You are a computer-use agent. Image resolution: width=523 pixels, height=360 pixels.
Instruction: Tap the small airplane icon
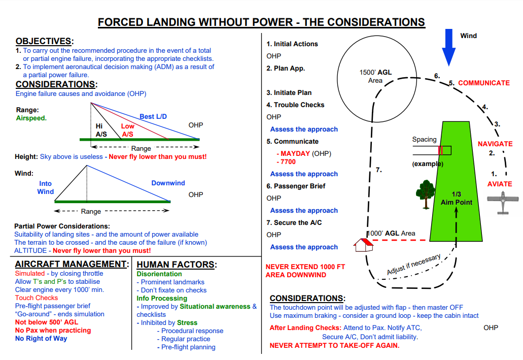tap(502, 202)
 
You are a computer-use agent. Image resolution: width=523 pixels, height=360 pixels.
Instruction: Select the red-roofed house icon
tap(363, 245)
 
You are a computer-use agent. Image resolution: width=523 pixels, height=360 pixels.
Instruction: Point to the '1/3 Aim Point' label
tap(456, 198)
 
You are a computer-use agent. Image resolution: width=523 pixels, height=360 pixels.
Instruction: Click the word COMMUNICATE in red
tap(483, 83)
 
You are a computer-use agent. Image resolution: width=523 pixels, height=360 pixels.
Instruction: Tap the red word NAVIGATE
tap(495, 144)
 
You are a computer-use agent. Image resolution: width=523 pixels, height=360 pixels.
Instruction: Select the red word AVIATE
tap(500, 184)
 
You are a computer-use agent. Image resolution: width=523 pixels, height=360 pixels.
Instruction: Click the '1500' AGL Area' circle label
tap(375, 76)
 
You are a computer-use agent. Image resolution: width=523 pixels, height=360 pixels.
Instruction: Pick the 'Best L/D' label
tap(153, 116)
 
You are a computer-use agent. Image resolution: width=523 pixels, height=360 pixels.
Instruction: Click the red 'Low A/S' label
tap(127, 130)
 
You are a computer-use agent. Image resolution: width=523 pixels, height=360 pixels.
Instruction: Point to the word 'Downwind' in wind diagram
tap(168, 183)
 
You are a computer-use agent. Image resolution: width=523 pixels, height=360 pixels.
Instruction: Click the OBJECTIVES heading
tap(44, 41)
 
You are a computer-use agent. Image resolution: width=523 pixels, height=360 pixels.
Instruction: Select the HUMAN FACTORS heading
tap(177, 264)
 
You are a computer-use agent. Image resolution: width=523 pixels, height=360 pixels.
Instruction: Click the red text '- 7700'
tap(286, 161)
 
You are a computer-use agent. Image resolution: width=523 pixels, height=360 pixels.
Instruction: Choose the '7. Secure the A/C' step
tap(294, 222)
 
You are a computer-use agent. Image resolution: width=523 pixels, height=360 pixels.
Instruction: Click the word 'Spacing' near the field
tap(424, 140)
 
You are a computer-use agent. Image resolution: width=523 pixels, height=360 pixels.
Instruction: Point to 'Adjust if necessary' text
tap(414, 264)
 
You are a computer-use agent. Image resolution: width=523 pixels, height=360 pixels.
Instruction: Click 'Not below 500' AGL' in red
tap(47, 322)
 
